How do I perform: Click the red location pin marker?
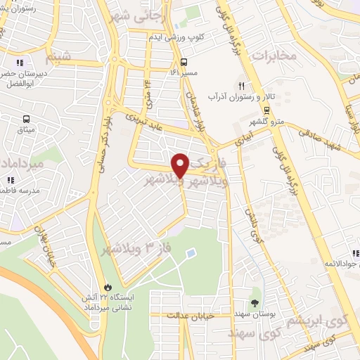pos(181,165)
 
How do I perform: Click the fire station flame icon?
pos(108,288)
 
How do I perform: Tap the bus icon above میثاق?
pos(27,120)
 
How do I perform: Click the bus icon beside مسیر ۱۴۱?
pos(183,61)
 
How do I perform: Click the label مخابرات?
pos(271,56)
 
